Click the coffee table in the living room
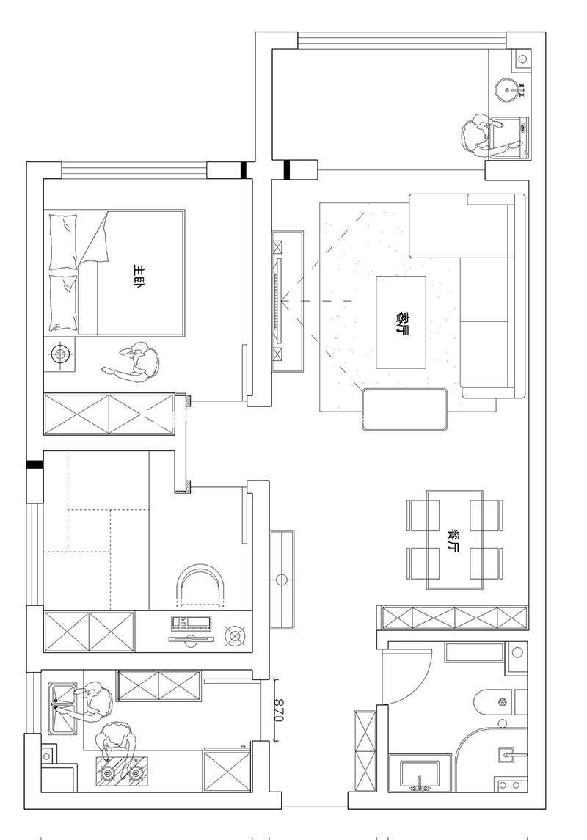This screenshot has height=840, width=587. (401, 322)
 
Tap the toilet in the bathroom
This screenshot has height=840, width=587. (493, 702)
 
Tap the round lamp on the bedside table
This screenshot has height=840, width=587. (60, 354)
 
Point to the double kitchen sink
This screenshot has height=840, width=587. (62, 708)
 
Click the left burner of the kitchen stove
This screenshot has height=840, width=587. (108, 773)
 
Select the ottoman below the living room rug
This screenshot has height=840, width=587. (405, 409)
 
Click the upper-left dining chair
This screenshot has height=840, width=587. (423, 515)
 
